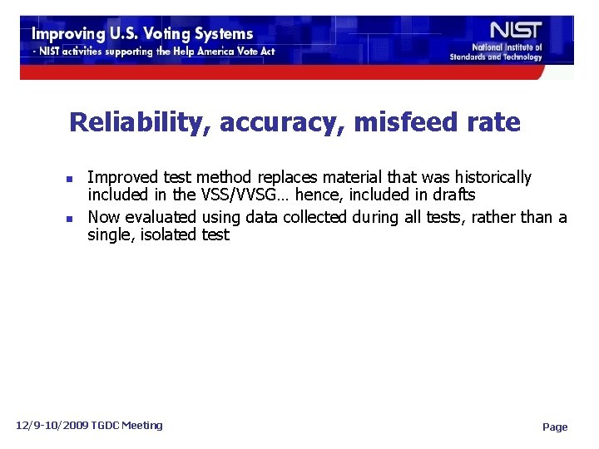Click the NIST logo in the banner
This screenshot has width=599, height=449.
(517, 31)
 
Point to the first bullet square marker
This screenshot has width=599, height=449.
(72, 179)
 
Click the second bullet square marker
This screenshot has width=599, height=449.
(72, 219)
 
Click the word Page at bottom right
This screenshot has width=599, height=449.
(555, 427)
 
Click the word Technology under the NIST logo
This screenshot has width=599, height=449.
(523, 57)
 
